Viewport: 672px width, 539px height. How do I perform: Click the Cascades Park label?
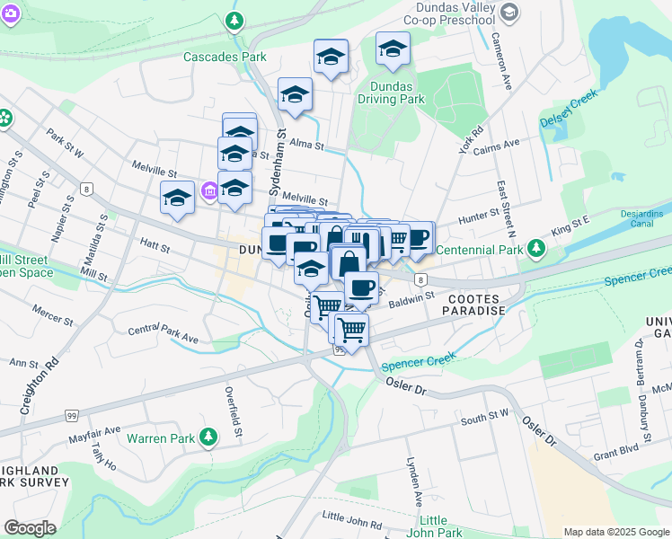click(x=225, y=57)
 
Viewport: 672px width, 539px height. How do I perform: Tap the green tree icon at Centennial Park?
click(x=536, y=247)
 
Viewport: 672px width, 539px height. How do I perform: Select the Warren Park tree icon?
click(x=208, y=437)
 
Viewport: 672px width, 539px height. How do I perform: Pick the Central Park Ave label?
click(x=163, y=334)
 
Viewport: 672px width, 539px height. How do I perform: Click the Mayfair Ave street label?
click(x=94, y=430)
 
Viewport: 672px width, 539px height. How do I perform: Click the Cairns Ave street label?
click(x=497, y=145)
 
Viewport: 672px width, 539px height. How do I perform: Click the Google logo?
click(x=30, y=528)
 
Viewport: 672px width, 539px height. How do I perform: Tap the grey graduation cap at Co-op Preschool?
click(x=509, y=13)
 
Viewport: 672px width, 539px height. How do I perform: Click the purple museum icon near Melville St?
click(x=209, y=190)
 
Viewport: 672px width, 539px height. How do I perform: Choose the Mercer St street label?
click(x=53, y=319)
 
